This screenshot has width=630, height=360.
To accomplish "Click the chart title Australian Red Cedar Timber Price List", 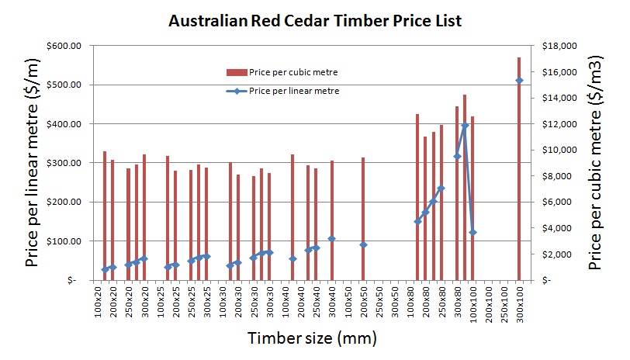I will click(315, 21).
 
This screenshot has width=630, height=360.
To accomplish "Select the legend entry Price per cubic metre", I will click(292, 72).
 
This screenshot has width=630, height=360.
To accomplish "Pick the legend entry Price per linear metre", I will click(294, 90).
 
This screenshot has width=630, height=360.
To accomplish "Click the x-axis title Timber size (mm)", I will click(312, 338).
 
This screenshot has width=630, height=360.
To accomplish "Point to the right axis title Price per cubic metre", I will click(595, 163).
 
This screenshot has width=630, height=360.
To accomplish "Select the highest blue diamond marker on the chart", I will click(519, 81).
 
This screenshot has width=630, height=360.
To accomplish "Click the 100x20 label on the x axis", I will click(99, 306).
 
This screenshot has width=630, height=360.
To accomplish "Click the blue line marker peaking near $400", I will click(465, 126).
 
